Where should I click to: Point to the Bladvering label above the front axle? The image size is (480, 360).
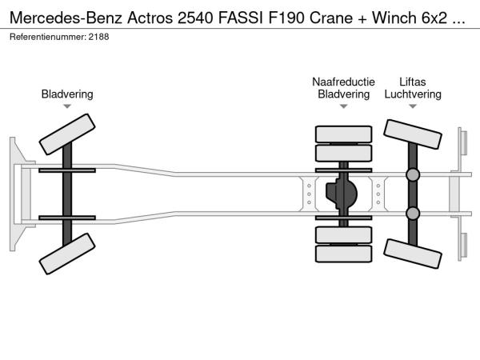67,94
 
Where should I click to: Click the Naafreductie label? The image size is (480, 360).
343,82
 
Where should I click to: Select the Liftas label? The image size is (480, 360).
413,82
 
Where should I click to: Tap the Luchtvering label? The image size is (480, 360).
413,94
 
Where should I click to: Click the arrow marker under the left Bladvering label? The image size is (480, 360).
67,106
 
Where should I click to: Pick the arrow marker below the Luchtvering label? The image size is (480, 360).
413,106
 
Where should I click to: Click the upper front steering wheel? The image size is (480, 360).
67,134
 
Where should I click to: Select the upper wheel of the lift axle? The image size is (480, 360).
413,139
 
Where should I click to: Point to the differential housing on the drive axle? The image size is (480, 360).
343,194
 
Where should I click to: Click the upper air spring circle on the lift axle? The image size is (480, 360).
413,174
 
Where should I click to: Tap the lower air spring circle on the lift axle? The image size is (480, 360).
413,213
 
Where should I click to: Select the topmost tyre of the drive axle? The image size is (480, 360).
343,134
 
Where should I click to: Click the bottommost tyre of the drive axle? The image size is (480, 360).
343,254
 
